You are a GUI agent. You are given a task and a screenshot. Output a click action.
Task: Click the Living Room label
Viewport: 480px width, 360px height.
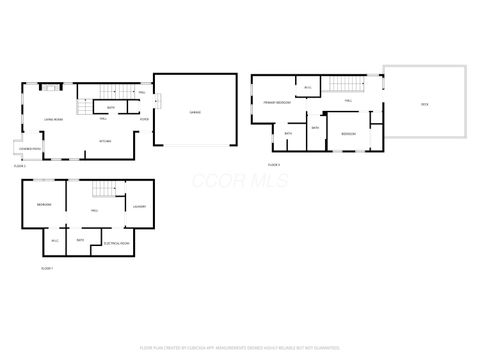pos(53,120)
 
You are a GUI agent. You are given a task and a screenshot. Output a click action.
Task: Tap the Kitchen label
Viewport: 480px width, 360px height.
pos(104,141)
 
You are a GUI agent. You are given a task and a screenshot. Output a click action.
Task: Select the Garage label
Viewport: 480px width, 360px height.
pos(195,112)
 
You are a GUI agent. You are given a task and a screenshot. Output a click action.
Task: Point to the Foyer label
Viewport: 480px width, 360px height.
pos(144,119)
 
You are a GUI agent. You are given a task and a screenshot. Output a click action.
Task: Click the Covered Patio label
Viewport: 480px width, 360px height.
pos(29,149)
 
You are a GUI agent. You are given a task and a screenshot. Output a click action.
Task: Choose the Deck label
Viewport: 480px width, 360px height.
pos(424,103)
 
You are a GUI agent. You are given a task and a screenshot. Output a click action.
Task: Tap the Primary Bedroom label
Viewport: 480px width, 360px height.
pos(277,103)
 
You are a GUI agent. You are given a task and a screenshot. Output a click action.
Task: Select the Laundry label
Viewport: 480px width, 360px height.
pos(140,207)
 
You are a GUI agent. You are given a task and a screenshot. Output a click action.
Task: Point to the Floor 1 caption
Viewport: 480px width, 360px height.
pos(47,269)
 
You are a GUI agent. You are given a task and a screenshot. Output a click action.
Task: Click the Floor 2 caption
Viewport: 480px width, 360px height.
pos(20,166)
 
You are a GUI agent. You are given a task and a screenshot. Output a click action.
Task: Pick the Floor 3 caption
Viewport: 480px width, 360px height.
pos(274,164)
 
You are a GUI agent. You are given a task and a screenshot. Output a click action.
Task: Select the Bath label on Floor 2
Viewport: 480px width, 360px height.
pos(110,106)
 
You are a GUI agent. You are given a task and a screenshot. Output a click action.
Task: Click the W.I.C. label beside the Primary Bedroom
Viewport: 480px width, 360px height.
pos(308,88)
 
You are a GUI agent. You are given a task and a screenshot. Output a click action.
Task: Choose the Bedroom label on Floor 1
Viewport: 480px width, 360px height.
pos(44,205)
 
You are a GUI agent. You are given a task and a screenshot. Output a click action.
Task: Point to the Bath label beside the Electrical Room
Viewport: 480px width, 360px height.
pos(80,240)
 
